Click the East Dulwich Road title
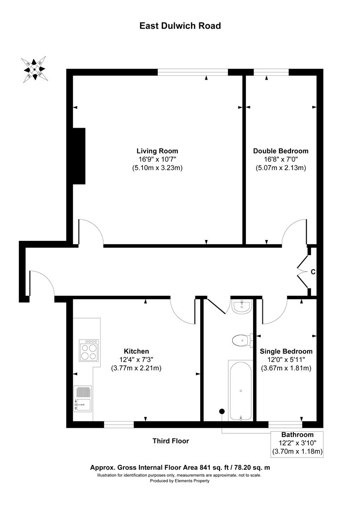pyautogui.click(x=180, y=26)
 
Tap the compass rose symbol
pyautogui.click(x=34, y=69)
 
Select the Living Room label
pyautogui.click(x=157, y=151)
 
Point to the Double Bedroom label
pyautogui.click(x=281, y=151)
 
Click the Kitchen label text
pyautogui.click(x=136, y=351)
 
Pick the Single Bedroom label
pyautogui.click(x=286, y=351)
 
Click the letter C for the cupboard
pyautogui.click(x=313, y=272)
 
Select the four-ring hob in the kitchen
pyautogui.click(x=88, y=350)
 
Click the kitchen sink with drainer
pyautogui.click(x=83, y=399)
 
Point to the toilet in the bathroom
pyautogui.click(x=243, y=340)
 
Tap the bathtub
pyautogui.click(x=240, y=390)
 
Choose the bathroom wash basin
pyautogui.click(x=241, y=306)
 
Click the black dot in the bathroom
pyautogui.click(x=222, y=411)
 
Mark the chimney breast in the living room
pyautogui.click(x=79, y=156)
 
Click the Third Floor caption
pyautogui.click(x=171, y=441)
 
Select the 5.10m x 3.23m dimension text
pyautogui.click(x=157, y=168)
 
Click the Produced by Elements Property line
pyautogui.click(x=179, y=481)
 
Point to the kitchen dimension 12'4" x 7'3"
pyautogui.click(x=136, y=360)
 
